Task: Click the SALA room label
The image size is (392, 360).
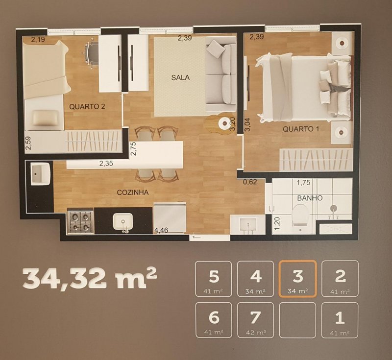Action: click(x=180, y=77)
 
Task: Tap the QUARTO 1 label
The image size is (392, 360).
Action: click(x=298, y=129)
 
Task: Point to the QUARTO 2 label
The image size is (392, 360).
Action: click(x=87, y=106)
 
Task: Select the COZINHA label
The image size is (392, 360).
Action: click(x=132, y=192)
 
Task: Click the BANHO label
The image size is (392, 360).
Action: click(x=309, y=198)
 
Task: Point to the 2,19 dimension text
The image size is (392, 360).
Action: click(x=38, y=40)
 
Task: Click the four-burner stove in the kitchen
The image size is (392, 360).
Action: click(x=80, y=221)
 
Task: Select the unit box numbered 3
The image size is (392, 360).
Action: click(x=297, y=279)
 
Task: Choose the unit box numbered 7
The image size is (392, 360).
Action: click(x=255, y=320)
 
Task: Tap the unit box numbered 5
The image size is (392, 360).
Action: click(x=213, y=279)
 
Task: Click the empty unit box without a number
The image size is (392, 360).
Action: click(x=297, y=320)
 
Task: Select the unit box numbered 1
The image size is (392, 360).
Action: click(x=340, y=320)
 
